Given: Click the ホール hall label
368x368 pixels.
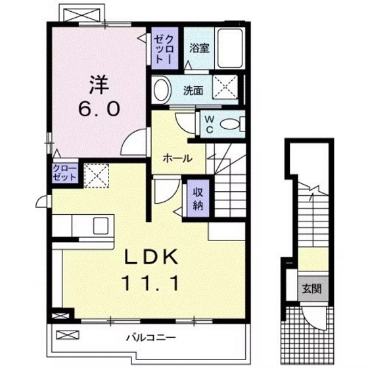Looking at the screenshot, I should [177, 158].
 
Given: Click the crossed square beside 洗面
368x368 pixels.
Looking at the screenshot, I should [227, 86].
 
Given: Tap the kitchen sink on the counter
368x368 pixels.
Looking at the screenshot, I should [103, 225].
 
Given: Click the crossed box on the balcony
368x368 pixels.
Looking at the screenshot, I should [66, 335].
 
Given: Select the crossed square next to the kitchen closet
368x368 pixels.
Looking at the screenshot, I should [95, 175].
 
